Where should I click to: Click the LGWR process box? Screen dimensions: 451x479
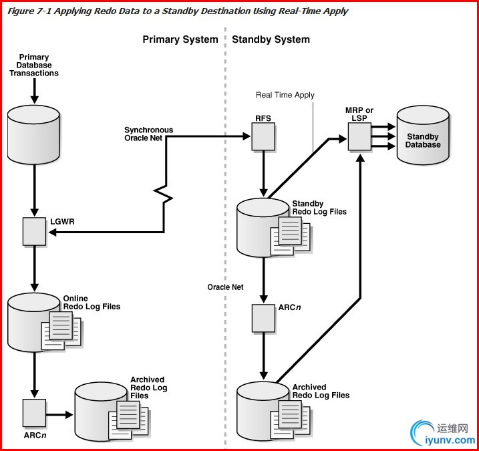pyautogui.click(x=34, y=231)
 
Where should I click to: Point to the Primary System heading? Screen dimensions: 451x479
pyautogui.click(x=180, y=39)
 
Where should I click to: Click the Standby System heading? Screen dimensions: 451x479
pyautogui.click(x=271, y=39)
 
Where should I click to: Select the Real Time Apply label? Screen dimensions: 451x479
pyautogui.click(x=285, y=95)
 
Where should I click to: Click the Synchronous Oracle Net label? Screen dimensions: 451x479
pyautogui.click(x=148, y=134)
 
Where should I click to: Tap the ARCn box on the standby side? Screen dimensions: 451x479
pyautogui.click(x=264, y=319)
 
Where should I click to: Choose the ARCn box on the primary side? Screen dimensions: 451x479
pyautogui.click(x=34, y=413)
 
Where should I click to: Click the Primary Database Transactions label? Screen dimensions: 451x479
pyautogui.click(x=33, y=65)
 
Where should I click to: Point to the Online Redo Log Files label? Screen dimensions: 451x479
pyautogui.click(x=92, y=303)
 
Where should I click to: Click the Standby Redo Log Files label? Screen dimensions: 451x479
pyautogui.click(x=319, y=208)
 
